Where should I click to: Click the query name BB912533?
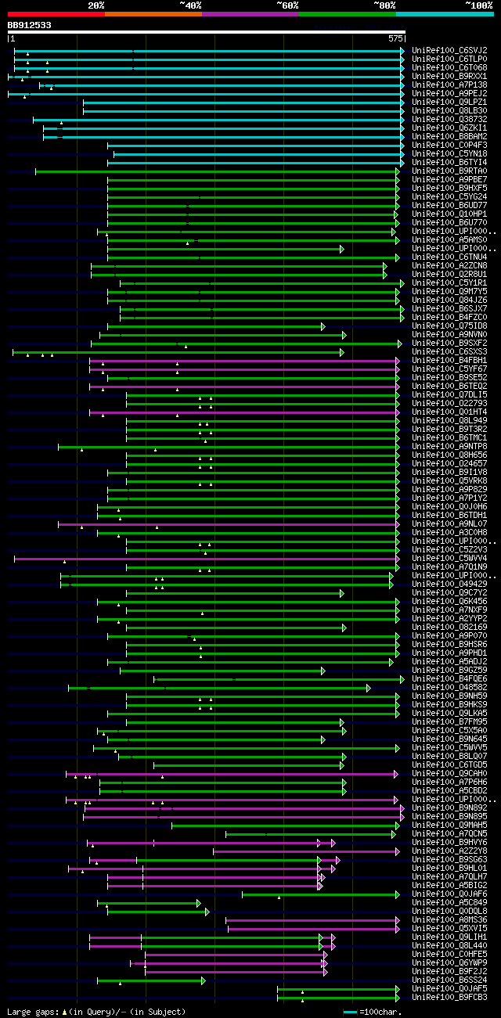[30, 25]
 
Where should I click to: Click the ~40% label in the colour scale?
[190, 5]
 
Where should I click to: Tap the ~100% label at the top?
[478, 5]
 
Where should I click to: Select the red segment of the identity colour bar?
[56, 14]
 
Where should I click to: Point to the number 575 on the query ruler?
[395, 38]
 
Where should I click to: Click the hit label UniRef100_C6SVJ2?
[449, 50]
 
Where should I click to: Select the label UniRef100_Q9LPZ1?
[449, 102]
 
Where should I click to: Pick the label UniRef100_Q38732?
[449, 119]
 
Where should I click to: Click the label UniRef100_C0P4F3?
[449, 145]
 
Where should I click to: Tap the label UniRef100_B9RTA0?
[449, 171]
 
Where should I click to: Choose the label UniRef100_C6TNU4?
[449, 257]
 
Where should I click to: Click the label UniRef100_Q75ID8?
[449, 326]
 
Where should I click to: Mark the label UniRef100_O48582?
[449, 687]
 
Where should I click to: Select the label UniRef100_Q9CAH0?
[449, 773]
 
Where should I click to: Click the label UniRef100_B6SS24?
[449, 980]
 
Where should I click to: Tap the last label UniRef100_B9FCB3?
[449, 997]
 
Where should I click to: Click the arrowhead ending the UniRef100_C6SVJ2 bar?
[402, 50]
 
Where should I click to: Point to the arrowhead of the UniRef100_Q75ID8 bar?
[323, 326]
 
